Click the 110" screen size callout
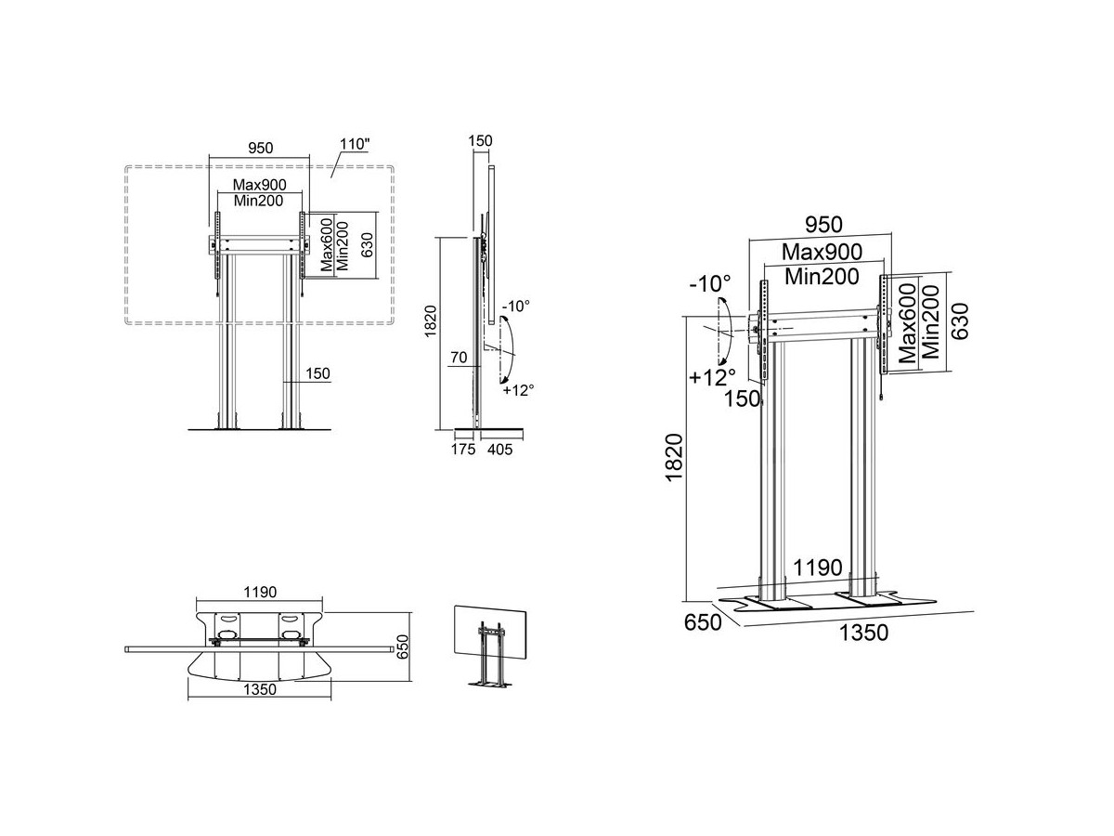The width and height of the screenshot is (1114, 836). coord(355,144)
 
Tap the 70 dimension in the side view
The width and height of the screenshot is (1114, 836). coord(459,358)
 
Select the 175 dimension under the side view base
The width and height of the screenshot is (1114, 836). coord(463,450)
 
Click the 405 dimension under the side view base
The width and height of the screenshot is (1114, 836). coord(499,450)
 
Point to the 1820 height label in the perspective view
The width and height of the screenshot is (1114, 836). coord(675,457)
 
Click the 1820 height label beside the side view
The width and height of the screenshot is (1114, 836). coord(431,320)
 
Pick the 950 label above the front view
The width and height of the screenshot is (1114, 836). coord(260,148)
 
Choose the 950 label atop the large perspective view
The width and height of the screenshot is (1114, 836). coord(824,224)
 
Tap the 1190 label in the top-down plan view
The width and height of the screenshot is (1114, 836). coord(260,593)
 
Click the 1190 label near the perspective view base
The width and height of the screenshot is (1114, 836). coord(817,568)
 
